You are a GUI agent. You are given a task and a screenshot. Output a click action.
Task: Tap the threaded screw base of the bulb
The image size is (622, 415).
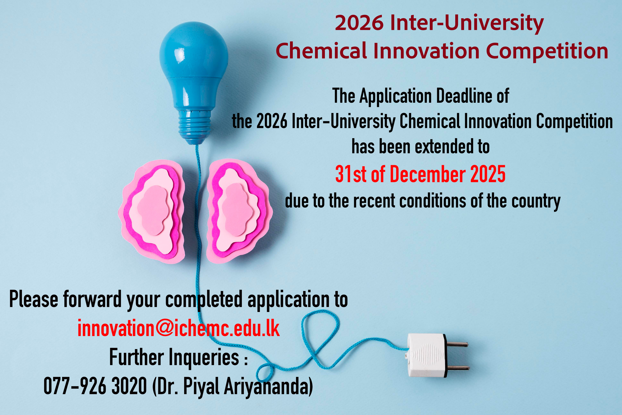[195, 124]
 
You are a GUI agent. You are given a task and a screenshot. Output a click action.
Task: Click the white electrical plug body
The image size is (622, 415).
[426, 355]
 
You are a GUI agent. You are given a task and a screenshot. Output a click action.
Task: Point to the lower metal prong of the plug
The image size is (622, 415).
[458, 368]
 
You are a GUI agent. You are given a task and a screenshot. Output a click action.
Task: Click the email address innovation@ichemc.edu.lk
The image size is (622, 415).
[178, 328]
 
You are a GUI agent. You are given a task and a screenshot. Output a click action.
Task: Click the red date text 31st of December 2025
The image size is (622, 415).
[420, 174]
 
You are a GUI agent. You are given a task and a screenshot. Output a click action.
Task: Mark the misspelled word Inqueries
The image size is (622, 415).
[204, 357]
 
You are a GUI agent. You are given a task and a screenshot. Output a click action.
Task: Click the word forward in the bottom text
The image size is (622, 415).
[92, 299]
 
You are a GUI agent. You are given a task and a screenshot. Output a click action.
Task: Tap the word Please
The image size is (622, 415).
[34, 299]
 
